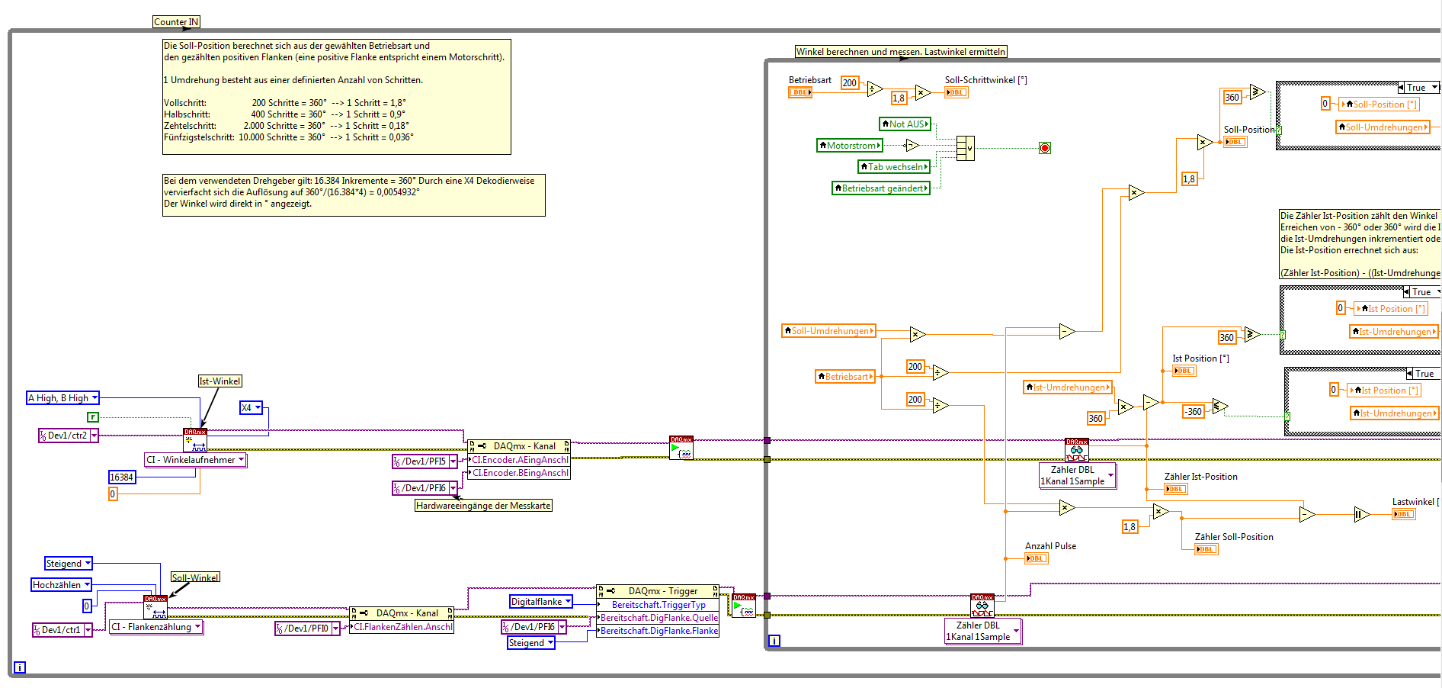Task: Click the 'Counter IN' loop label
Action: pos(176,22)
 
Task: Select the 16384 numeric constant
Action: pos(122,477)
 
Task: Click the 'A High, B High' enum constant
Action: pos(62,398)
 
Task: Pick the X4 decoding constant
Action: pos(251,408)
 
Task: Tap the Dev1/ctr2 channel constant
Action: pos(68,436)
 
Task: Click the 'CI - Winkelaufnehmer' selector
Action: pos(196,460)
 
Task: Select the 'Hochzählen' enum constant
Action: pos(61,585)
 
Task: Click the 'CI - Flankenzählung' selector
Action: pos(156,627)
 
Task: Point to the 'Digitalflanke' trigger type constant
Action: pos(540,602)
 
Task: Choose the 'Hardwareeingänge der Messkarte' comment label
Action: pos(483,506)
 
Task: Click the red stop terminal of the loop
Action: pos(1045,148)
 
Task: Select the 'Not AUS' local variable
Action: pos(905,124)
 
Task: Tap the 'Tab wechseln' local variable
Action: pos(895,167)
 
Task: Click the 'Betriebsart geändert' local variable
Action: pos(881,188)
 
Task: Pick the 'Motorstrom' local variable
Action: pos(850,146)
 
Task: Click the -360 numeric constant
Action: pos(1193,412)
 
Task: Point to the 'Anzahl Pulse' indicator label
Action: pos(1050,546)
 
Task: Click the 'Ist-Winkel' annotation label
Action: pos(220,381)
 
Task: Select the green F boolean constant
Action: pos(93,417)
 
